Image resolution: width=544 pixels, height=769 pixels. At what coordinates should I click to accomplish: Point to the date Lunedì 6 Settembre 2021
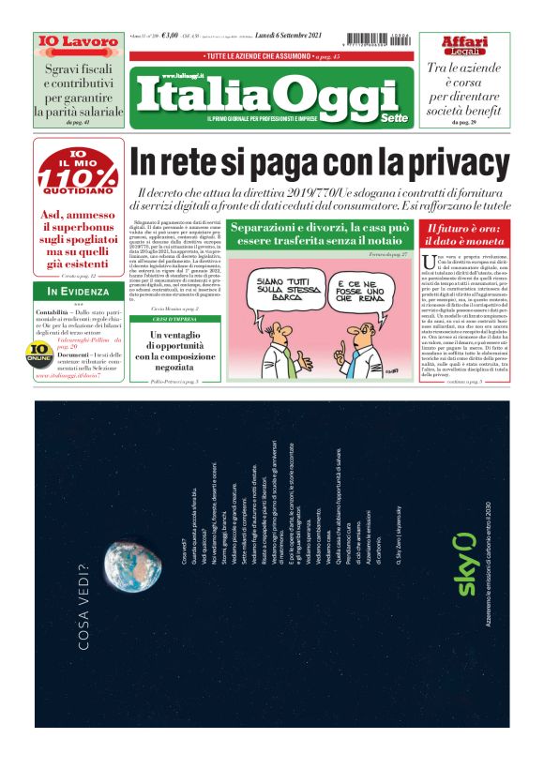(x=288, y=37)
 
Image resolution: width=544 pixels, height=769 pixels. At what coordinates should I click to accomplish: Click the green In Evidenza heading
(x=79, y=292)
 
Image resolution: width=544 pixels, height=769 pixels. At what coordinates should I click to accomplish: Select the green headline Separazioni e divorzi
(x=319, y=234)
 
